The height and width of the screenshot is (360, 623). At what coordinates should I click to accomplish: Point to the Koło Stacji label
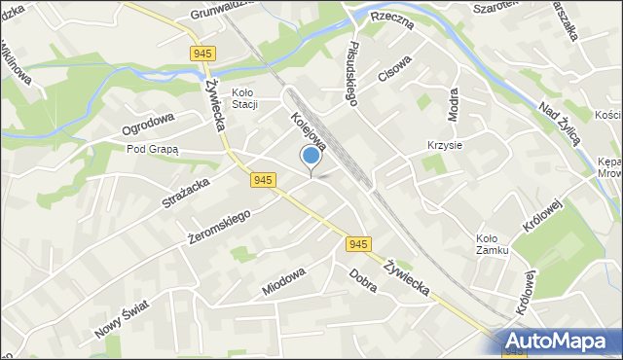[242, 98]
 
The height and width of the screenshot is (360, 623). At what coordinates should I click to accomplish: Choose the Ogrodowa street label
[148, 125]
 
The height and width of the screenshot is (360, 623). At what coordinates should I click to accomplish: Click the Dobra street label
[363, 281]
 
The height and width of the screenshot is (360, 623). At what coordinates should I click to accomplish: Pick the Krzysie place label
[444, 145]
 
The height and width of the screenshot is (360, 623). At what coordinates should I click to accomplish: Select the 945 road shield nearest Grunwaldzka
[203, 53]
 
